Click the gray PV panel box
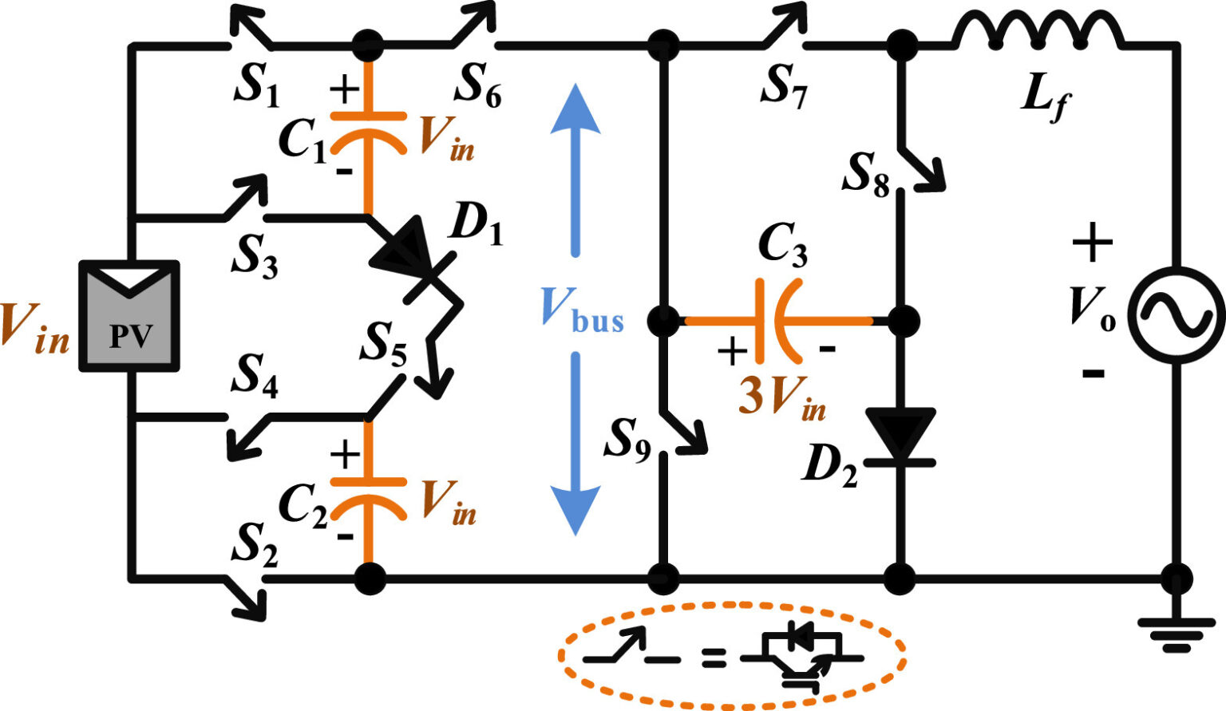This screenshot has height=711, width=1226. [x=129, y=317]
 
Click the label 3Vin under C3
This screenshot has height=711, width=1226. [x=781, y=397]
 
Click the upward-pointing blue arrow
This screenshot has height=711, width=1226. [x=575, y=168]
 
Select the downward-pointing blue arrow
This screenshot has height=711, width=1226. [x=575, y=447]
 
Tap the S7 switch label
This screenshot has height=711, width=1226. [x=784, y=86]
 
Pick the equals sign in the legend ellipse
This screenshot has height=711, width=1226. [x=713, y=658]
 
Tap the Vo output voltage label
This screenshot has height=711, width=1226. [x=1094, y=307]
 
